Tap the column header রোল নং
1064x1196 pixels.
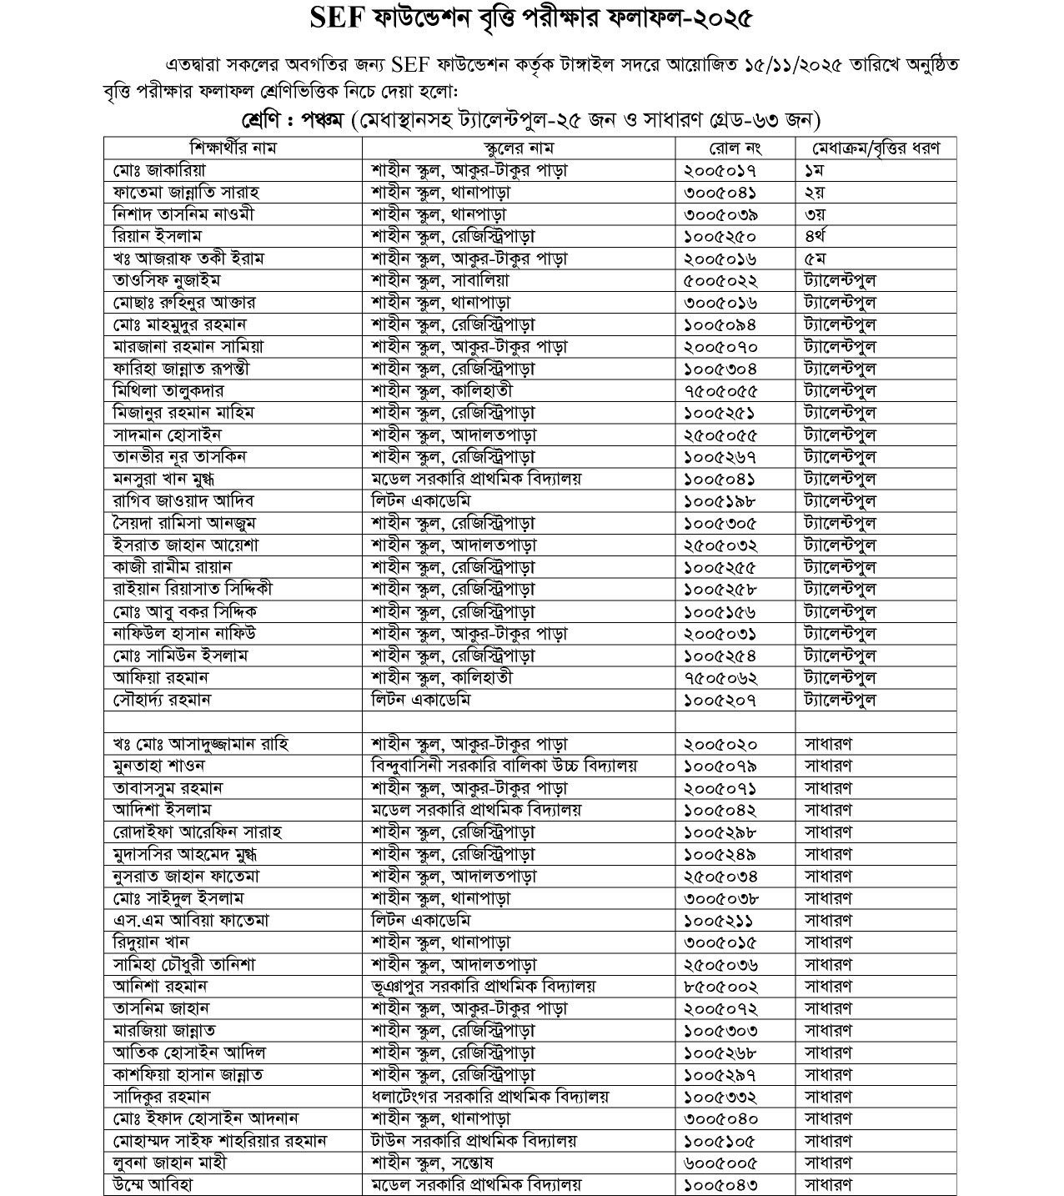[735, 148]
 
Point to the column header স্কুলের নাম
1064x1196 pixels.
[518, 148]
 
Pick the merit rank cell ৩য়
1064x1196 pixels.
[814, 214]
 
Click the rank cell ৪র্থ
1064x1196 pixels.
[815, 236]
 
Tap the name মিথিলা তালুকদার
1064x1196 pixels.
[169, 390]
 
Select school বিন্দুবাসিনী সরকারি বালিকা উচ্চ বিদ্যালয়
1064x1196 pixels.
[504, 766]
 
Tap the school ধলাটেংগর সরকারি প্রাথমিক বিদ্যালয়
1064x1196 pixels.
[490, 1096]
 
